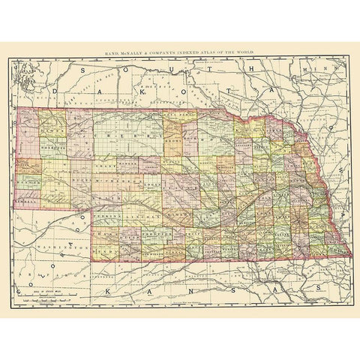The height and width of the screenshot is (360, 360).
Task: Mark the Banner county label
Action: pos(28,182)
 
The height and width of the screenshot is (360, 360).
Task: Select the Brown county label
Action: pos(172,139)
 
